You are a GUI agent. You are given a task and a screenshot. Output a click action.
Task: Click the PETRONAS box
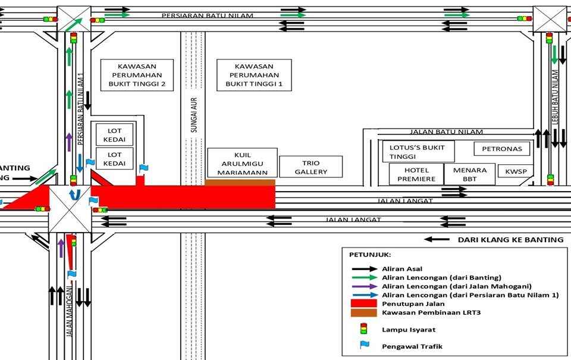coord(498,149)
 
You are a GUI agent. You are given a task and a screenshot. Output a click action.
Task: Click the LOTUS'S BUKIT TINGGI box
coord(418,151)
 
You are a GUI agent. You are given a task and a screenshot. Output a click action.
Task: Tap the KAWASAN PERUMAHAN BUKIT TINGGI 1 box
coord(254,75)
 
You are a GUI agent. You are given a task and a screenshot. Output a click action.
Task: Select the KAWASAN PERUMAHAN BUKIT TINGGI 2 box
coord(137,75)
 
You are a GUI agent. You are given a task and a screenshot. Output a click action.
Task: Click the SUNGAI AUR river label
coord(193,117)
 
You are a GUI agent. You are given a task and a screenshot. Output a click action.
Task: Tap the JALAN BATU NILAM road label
coord(446,132)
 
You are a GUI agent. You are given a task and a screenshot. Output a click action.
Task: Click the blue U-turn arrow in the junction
coord(73,195)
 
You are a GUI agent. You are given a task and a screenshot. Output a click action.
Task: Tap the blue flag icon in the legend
coord(364,345)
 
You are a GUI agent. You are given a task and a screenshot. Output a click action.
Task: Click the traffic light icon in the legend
coord(363,328)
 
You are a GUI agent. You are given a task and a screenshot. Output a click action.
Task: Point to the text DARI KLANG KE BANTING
coord(510,240)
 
